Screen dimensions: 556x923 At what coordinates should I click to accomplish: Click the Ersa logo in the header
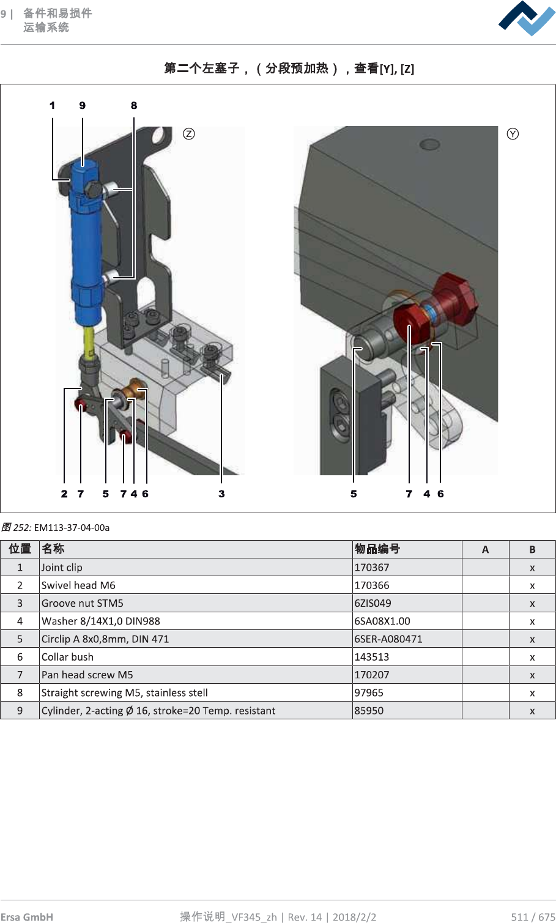(x=526, y=19)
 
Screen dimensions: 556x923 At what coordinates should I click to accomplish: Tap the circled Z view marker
(x=189, y=134)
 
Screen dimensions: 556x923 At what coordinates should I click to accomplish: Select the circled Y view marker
(x=513, y=134)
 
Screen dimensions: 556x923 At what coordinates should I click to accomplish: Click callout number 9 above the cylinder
(x=83, y=106)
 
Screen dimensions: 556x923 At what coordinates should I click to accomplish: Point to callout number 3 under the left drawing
(x=221, y=494)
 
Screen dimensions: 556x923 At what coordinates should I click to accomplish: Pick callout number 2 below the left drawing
(x=64, y=494)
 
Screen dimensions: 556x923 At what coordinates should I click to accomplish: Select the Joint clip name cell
(x=62, y=567)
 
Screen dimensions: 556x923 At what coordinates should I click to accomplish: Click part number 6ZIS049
(x=373, y=603)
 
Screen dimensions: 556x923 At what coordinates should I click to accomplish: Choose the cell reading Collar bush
(x=67, y=657)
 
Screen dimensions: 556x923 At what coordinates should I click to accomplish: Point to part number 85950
(x=369, y=711)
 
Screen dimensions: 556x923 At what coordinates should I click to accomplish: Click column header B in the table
(x=532, y=549)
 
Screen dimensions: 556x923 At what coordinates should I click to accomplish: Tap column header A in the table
(x=485, y=549)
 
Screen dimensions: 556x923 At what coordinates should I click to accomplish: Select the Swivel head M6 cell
(x=78, y=585)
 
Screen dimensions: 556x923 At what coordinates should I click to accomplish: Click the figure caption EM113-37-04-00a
(x=72, y=527)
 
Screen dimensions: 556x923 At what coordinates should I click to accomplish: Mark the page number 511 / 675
(x=533, y=916)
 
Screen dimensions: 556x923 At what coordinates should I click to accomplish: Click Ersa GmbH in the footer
(x=27, y=916)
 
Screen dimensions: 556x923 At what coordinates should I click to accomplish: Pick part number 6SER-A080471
(x=388, y=639)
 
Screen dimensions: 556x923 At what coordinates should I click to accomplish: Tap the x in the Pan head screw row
(x=532, y=675)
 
